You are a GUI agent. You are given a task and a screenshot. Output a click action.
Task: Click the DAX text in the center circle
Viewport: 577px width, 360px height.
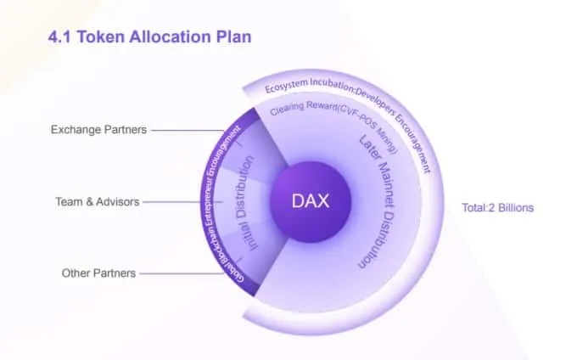tap(311, 201)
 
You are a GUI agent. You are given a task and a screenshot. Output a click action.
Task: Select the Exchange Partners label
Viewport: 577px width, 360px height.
tap(98, 130)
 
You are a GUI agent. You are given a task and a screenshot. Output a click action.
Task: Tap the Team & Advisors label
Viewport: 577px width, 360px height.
tap(98, 202)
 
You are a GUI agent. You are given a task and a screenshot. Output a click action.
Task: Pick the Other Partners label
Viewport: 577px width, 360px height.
tap(98, 273)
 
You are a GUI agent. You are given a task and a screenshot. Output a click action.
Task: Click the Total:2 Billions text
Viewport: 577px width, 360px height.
tap(497, 208)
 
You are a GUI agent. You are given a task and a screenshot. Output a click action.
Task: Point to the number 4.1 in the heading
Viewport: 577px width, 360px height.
tap(59, 37)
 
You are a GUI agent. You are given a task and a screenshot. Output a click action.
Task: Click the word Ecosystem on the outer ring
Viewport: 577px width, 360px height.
tap(286, 87)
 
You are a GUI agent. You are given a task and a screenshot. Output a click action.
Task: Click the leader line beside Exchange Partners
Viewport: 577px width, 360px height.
tap(187, 130)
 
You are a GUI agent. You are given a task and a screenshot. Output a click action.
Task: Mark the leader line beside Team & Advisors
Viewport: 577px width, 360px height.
tap(182, 202)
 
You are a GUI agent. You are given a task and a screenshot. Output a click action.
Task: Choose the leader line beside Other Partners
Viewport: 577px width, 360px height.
tap(182, 273)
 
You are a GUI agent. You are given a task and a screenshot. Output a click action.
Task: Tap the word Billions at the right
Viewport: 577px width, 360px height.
tap(515, 208)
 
